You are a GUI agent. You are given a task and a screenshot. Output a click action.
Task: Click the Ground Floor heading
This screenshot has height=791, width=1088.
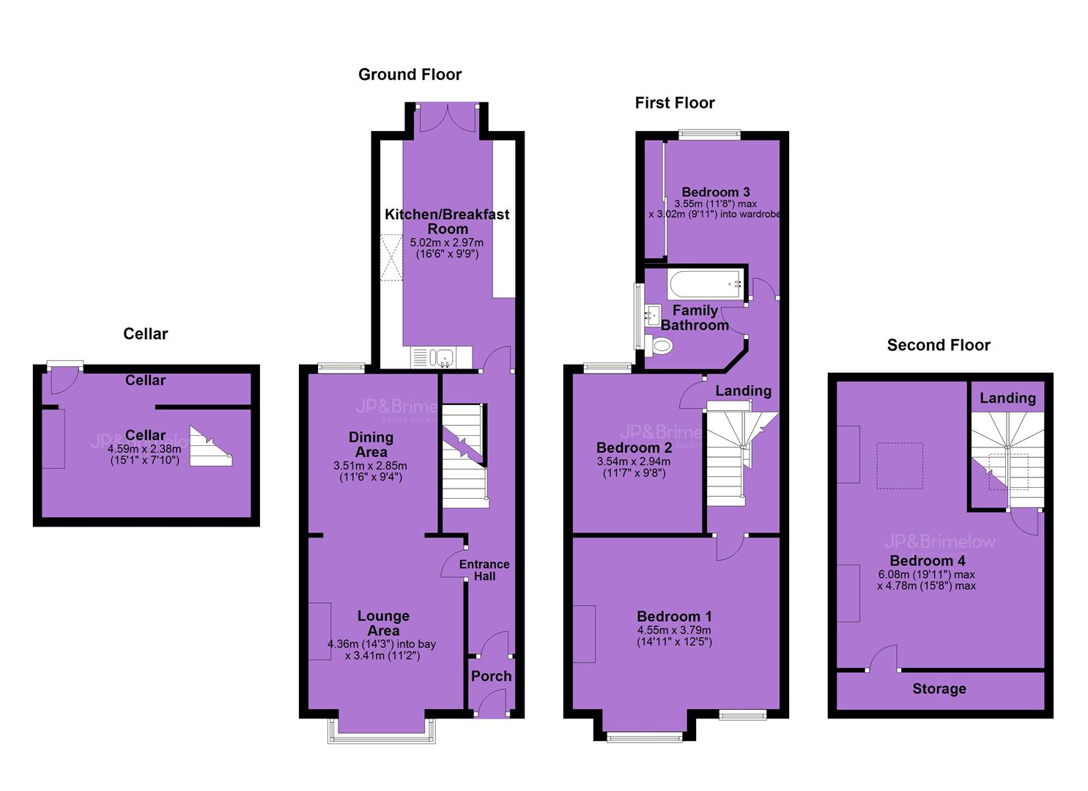(410, 74)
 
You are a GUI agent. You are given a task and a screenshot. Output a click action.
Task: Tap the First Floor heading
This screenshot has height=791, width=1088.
(675, 103)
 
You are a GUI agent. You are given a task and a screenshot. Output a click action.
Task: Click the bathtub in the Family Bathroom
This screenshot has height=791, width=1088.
(705, 285)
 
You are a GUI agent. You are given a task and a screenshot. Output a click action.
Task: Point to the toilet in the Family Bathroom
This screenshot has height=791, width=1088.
(659, 346)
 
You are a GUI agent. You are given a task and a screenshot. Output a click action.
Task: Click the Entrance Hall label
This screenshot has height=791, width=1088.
(484, 570)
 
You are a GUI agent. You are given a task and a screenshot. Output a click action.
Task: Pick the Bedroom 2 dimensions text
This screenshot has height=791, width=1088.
(634, 467)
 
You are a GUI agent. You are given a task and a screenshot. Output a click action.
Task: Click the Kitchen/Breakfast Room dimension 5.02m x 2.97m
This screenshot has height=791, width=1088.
(447, 242)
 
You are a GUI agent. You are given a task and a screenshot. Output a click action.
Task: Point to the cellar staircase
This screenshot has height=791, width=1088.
(210, 447)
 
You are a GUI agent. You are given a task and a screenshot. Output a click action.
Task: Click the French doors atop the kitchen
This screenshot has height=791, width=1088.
(447, 117)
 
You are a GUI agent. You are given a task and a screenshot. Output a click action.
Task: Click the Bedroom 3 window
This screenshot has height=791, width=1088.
(710, 135)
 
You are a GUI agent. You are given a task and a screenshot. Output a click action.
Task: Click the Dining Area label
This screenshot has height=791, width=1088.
(371, 445)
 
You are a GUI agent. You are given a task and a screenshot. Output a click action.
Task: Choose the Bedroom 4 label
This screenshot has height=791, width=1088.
(928, 560)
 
